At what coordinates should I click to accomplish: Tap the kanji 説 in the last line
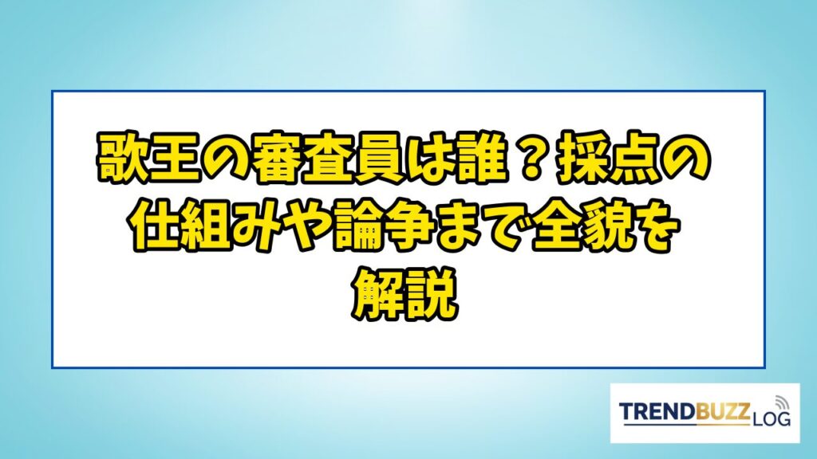[x=432, y=295]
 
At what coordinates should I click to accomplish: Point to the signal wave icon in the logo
[x=780, y=404]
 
